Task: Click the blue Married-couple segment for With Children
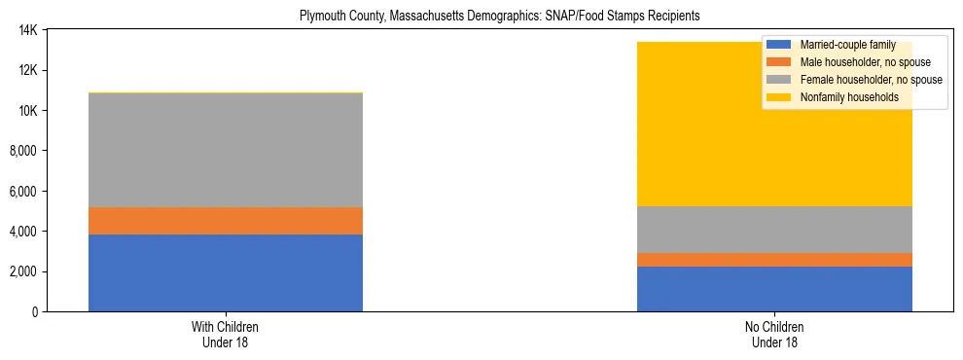[x=226, y=272]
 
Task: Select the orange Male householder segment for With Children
[x=226, y=221]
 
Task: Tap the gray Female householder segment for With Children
[x=226, y=150]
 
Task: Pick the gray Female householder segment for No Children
[x=774, y=230]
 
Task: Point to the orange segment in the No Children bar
[x=774, y=260]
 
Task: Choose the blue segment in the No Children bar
[x=774, y=289]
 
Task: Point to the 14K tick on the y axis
[x=28, y=30]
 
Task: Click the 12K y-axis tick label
[x=28, y=70]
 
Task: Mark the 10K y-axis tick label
[x=28, y=111]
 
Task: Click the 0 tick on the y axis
[x=35, y=311]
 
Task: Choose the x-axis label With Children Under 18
[x=226, y=334]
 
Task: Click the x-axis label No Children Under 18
[x=774, y=334]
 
